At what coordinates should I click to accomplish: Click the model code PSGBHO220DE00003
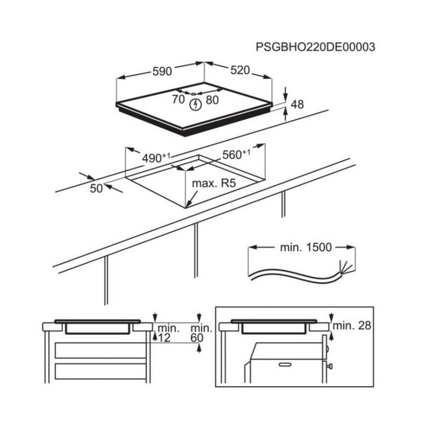315,47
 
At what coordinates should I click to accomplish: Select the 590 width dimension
162,71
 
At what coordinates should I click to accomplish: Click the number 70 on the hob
178,100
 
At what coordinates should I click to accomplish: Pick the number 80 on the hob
212,100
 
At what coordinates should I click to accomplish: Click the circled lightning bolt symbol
195,104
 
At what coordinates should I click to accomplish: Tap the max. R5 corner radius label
214,184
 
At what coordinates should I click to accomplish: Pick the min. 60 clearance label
197,333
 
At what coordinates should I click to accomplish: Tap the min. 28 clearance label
352,326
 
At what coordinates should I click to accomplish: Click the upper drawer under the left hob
100,350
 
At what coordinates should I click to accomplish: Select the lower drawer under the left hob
100,374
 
